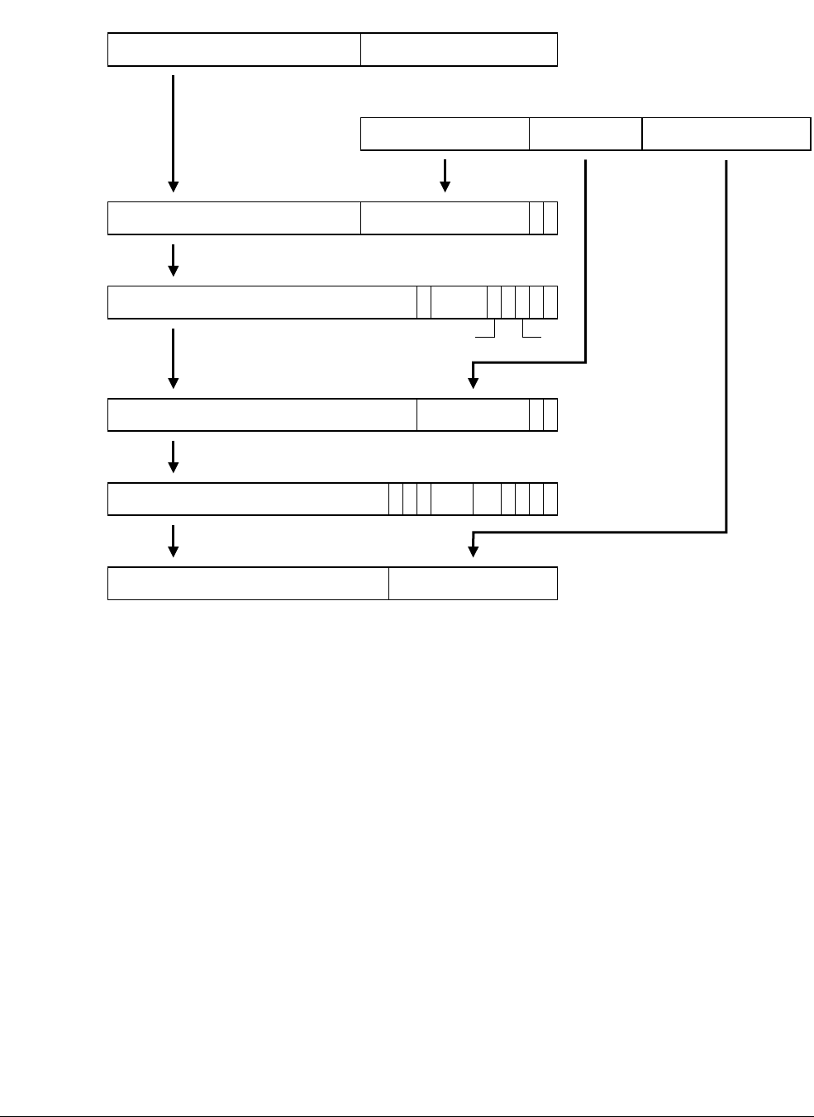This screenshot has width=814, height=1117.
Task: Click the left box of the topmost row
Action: pos(234,50)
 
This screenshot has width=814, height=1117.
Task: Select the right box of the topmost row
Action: pos(459,50)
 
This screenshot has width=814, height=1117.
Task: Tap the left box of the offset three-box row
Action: pos(445,134)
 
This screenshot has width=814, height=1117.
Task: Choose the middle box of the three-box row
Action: pos(585,134)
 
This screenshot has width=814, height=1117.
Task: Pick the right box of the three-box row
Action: pos(726,134)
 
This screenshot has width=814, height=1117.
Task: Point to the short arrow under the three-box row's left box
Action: pos(445,175)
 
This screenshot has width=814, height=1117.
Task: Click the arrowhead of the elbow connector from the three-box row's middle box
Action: pos(474,382)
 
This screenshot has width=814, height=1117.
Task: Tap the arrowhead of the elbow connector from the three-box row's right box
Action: pos(474,551)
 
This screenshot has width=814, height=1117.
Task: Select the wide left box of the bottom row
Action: pos(248,584)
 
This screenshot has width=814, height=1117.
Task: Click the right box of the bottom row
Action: pos(473,584)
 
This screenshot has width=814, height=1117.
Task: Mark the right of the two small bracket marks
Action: pos(531,332)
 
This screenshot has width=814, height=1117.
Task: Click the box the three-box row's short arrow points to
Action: pos(445,218)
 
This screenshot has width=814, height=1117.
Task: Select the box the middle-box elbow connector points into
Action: pos(473,414)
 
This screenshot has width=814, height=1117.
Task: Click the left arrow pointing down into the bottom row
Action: pos(173,541)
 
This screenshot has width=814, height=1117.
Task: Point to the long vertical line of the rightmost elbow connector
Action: pos(726,347)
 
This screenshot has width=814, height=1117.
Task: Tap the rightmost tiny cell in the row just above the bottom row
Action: pos(550,499)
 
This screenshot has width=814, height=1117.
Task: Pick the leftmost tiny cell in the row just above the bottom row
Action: pos(396,499)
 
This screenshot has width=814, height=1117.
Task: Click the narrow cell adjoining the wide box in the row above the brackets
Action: pos(424,302)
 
